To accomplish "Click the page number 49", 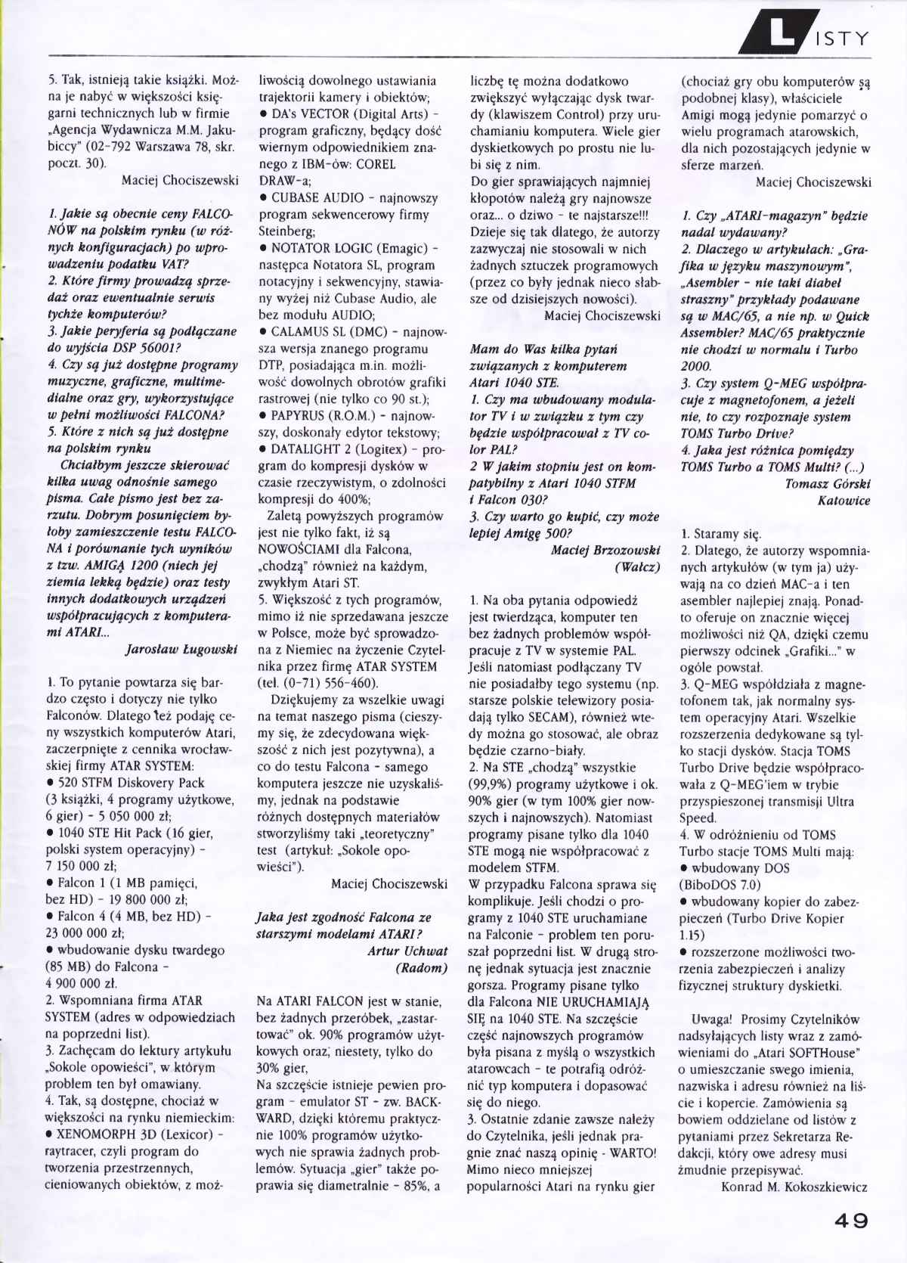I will click(851, 1220).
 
